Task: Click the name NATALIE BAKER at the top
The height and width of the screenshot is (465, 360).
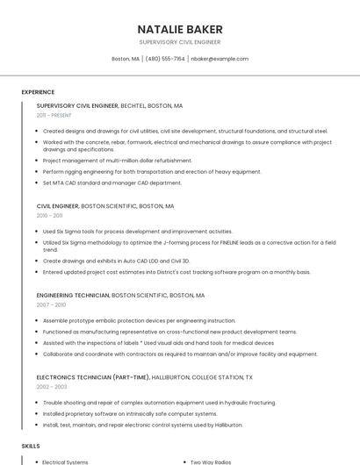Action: point(180,29)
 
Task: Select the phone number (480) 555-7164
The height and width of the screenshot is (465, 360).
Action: point(165,59)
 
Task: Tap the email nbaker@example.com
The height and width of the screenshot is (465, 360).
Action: point(220,59)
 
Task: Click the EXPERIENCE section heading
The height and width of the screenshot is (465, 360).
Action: point(38,91)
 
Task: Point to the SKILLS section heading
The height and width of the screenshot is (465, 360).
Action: point(31,446)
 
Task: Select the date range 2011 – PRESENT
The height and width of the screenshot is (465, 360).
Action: point(54,115)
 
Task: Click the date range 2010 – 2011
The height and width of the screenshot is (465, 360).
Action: point(49,215)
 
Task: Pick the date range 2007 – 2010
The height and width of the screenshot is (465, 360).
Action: point(51,304)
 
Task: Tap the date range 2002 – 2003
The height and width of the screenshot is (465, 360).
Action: point(51,386)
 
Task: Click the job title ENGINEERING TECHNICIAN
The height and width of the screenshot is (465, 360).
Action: point(73,296)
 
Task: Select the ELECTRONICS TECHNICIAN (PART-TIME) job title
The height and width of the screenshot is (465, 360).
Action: point(90,377)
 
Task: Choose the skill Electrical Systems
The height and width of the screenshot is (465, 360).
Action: point(66,461)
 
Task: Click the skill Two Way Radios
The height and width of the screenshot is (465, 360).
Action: point(211,461)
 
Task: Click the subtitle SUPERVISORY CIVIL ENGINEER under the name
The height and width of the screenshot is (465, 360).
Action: point(180,42)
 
